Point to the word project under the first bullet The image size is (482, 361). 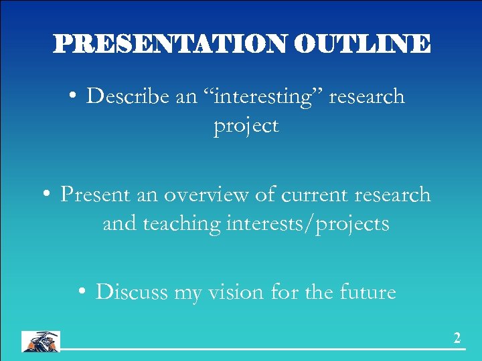[246, 126]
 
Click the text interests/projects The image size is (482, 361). [307, 224]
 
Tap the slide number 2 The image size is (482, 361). [457, 339]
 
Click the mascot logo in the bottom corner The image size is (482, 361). [41, 341]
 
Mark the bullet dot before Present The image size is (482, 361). [46, 196]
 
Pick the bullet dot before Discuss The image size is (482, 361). [81, 293]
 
